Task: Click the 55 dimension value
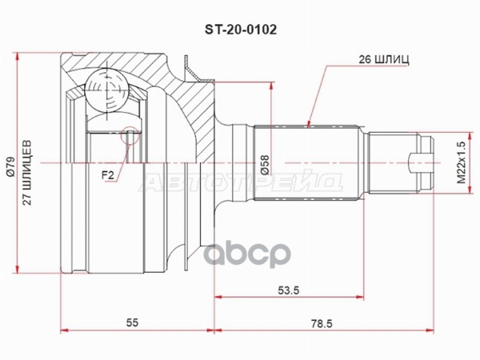(x=133, y=323)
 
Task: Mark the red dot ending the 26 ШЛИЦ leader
(x=309, y=124)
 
